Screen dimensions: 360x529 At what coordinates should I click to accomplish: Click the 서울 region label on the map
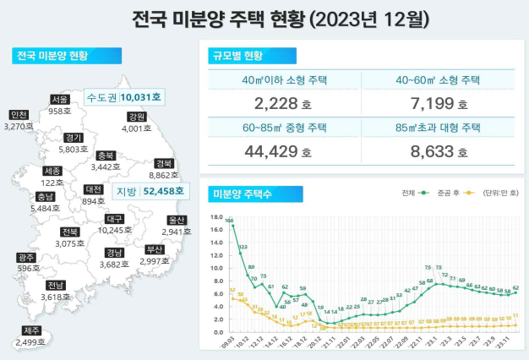click(x=59, y=100)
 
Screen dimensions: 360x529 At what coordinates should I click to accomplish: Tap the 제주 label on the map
click(x=32, y=330)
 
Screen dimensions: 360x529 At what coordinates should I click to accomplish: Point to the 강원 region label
click(x=136, y=117)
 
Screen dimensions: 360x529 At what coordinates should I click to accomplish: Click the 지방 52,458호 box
click(x=140, y=192)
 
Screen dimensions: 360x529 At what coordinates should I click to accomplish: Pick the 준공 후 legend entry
click(x=450, y=193)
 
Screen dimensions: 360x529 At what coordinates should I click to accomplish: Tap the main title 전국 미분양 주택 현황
click(x=264, y=18)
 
